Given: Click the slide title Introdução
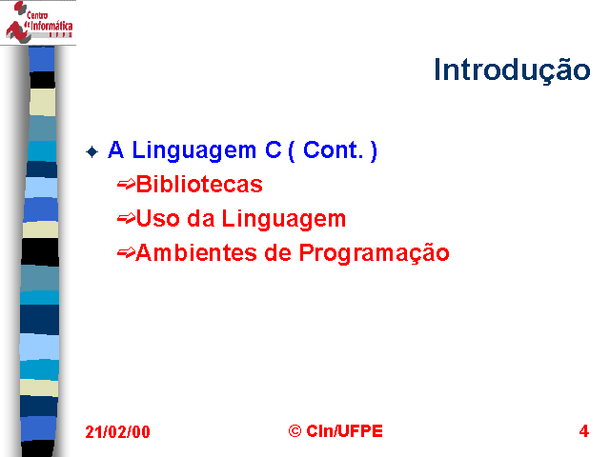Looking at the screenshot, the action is pos(512,70).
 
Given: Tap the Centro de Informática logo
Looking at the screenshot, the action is pos(38,22).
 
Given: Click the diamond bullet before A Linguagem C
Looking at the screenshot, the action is pos(92,151).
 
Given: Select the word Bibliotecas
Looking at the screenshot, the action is pos(199,184).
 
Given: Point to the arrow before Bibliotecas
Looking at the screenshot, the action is pos(126,184).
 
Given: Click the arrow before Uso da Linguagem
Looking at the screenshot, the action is pos(126,218).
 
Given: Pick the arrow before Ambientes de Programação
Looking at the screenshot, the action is pos(126,252).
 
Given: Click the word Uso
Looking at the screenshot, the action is pos(158,218).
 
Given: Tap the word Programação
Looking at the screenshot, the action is pos(375,253).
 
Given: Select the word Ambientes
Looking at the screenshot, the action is pos(196,252).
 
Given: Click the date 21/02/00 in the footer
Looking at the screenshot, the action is pos(117,431).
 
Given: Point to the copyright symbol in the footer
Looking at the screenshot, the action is pos(295,431).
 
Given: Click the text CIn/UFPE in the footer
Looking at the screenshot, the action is pos(345,431).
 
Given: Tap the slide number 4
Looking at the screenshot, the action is pos(584,431).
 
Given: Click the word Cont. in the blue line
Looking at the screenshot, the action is pos(333,150).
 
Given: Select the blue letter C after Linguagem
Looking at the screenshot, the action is pos(274,150).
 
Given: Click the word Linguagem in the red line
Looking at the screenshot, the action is pos(284,219).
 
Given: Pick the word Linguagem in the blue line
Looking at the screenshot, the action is pos(194,150).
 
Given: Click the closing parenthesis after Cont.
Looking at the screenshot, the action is pos(374,150).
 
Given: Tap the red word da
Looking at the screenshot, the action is pos(201,218).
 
